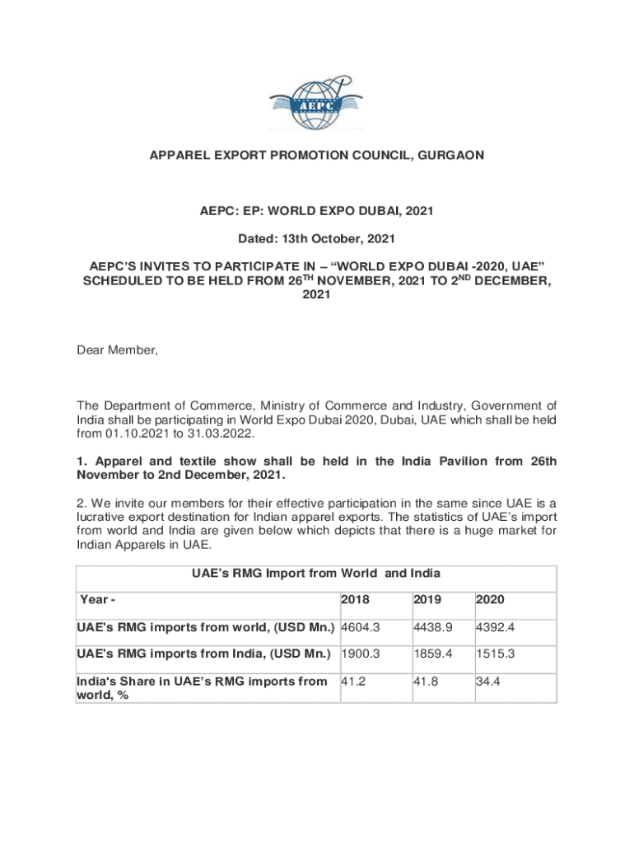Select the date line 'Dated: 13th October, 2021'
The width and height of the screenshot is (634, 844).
click(317, 239)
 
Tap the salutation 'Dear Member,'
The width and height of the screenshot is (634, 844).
click(117, 350)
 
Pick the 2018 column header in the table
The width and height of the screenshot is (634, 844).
click(354, 600)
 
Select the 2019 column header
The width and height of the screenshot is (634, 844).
click(422, 600)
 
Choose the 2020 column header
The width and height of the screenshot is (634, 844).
click(490, 600)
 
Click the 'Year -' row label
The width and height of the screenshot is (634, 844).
click(97, 600)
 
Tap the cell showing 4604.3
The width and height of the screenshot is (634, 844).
click(360, 627)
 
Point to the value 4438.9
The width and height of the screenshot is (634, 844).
click(428, 627)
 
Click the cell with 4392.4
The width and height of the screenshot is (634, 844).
click(495, 627)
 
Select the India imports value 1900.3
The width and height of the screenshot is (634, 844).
click(360, 654)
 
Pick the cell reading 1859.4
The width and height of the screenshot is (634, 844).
click(428, 654)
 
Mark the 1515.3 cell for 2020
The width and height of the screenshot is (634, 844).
click(495, 654)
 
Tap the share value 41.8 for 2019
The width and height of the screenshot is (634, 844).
click(421, 682)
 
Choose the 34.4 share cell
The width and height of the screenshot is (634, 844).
click(488, 682)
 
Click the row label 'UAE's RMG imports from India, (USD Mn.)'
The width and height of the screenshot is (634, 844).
click(205, 654)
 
